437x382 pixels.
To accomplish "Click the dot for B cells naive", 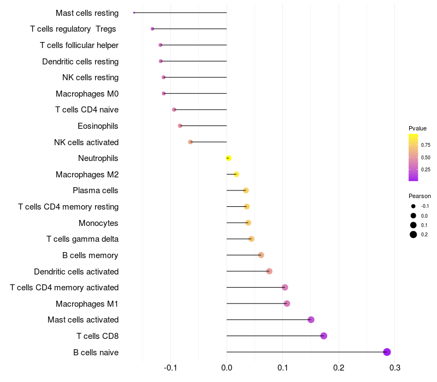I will point(387,352).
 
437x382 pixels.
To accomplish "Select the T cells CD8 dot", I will point(323,336).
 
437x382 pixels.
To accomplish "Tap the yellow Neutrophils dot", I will point(228,158).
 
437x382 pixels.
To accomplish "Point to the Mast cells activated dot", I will point(311,320).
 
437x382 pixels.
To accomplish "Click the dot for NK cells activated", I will point(190,142).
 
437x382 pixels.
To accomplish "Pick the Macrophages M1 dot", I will point(287,303).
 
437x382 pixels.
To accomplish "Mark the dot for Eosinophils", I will point(180,126).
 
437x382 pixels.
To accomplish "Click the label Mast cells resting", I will point(87,13).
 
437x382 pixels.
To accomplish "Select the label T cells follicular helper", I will point(79,45).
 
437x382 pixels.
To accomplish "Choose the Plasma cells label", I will point(96,190).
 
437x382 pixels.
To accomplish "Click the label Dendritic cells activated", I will point(76,271).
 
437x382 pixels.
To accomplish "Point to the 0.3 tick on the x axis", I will point(395,368).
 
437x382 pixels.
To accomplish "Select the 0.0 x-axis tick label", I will point(227,368).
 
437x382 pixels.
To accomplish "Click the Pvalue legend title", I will point(417,128).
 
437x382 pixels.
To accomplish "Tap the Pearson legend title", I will point(420,196).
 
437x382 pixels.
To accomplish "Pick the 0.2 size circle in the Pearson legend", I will point(414,235).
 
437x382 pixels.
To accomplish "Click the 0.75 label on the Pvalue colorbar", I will point(426,145).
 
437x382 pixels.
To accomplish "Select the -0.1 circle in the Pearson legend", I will point(414,206).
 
